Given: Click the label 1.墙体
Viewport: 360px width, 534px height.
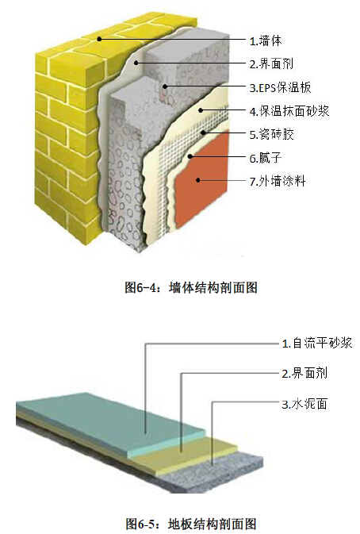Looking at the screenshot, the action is pos(266,41).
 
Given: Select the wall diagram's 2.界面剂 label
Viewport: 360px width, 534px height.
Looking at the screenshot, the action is pos(271,63).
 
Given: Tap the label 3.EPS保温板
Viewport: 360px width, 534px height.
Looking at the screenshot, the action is pos(281,87).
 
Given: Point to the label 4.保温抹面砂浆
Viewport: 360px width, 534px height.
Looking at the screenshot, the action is pos(289,110).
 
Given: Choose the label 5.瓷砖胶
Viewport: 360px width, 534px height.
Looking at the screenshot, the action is pos(271,134).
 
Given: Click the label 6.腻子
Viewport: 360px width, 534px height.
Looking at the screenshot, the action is pos(266,158).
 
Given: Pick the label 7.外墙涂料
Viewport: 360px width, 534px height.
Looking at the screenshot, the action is pos(278,181).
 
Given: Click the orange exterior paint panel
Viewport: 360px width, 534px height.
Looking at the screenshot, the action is pos(201,180).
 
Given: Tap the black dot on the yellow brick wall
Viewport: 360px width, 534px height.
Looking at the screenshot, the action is pos(99,39).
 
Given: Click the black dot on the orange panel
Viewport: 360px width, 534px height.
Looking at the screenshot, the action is pos(198,180).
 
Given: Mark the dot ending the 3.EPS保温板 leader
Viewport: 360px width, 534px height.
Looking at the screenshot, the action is pos(165,86).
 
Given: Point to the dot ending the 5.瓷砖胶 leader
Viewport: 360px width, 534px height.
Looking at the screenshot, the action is pos(204,133).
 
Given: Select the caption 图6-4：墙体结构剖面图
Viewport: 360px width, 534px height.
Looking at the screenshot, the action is pos(191,288).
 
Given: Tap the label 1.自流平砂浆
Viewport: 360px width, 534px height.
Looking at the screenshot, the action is pos(317,343).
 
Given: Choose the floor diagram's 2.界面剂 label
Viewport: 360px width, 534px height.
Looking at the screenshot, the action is pos(304,373).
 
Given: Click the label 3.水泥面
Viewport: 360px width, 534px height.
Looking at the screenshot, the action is pos(304,404).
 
